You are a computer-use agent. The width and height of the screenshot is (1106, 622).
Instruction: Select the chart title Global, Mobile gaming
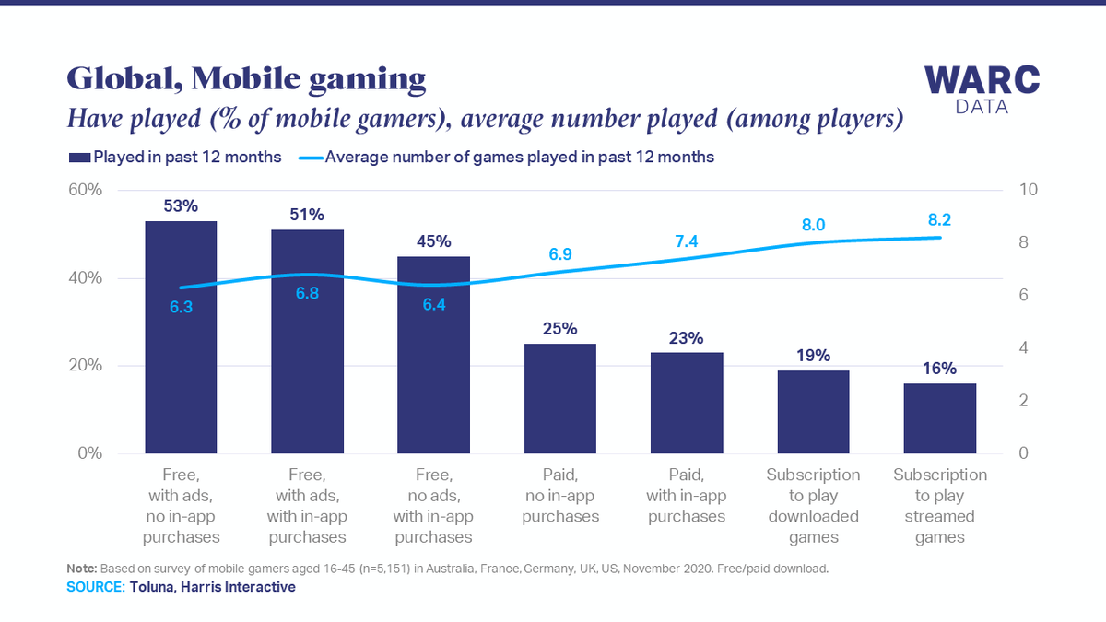246,79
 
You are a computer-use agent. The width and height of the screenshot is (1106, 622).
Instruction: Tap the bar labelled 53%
181,337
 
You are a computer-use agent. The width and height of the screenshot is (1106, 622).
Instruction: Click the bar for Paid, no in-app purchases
560,398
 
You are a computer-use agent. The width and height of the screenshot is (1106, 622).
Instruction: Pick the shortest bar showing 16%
939,418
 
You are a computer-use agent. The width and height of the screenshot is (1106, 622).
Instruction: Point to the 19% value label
813,355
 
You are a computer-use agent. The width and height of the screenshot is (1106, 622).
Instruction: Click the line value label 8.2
940,219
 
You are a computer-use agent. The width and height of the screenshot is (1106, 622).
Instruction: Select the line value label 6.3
181,307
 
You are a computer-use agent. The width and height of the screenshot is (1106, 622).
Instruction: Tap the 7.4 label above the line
687,241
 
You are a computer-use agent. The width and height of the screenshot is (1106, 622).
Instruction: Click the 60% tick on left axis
82,190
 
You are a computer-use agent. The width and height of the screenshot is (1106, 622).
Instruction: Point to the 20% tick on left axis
82,366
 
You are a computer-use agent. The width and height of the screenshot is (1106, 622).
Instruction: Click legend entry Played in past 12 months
175,157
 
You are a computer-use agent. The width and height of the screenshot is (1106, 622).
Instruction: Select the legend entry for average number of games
507,157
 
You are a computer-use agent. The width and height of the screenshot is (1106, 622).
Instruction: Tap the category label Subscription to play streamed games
939,506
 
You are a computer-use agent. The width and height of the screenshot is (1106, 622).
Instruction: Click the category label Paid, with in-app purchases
687,496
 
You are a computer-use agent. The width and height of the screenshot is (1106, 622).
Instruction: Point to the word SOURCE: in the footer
95,587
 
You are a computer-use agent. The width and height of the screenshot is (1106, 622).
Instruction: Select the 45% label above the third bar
433,241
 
